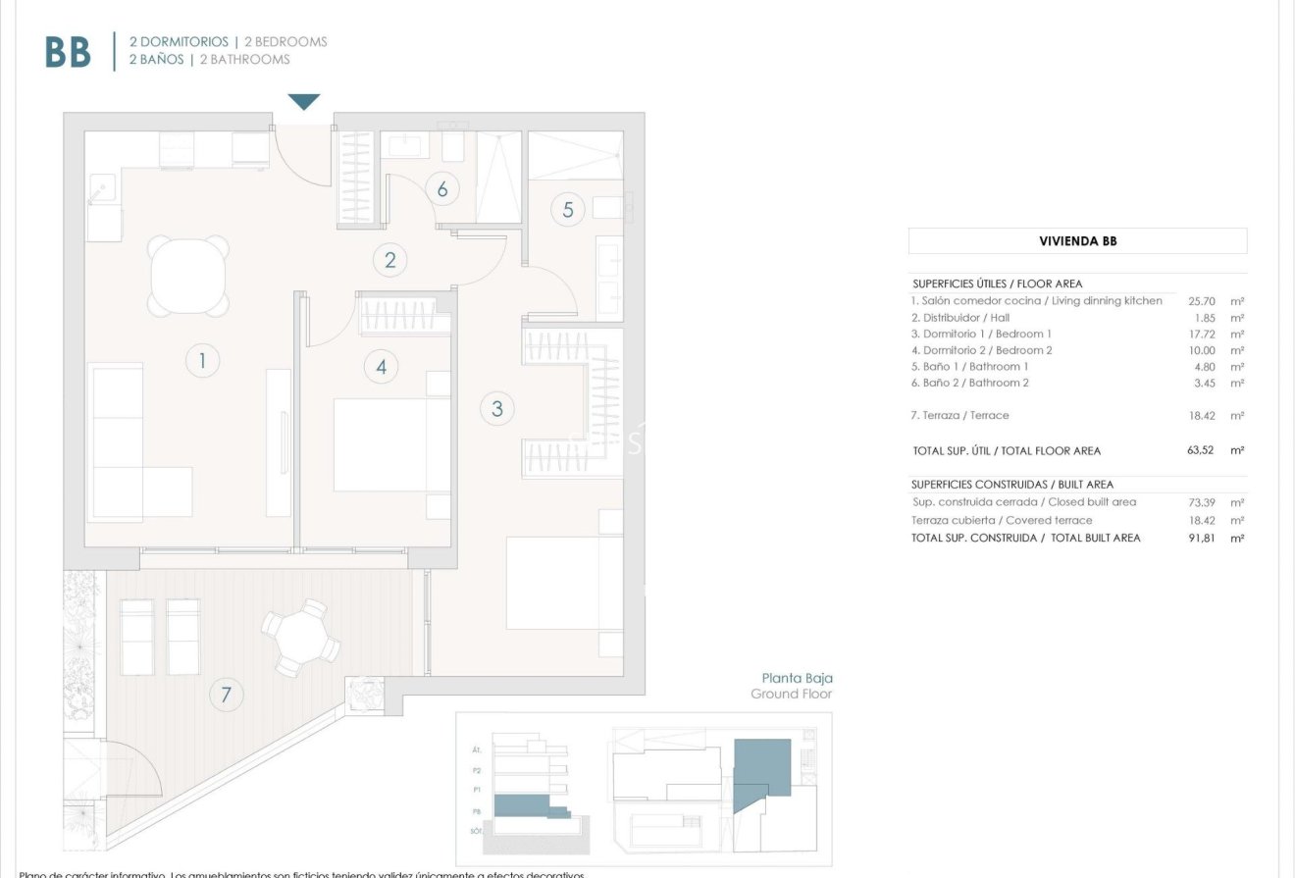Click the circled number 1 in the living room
tap(202, 361)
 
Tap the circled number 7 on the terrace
tap(226, 695)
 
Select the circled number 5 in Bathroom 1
tap(568, 209)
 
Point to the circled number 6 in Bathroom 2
tap(442, 189)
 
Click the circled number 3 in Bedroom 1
tap(497, 408)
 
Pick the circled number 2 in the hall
tap(390, 260)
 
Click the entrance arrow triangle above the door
tap(304, 102)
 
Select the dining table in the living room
tap(189, 275)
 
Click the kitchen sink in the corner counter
tap(101, 188)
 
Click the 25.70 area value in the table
tap(1202, 301)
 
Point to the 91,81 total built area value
tap(1202, 538)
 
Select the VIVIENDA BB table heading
tap(1077, 241)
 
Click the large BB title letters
tap(68, 53)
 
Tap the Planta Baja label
tap(797, 678)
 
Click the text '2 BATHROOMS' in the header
tap(244, 60)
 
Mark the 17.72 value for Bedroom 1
tap(1202, 334)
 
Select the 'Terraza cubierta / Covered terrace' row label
tap(1002, 521)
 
